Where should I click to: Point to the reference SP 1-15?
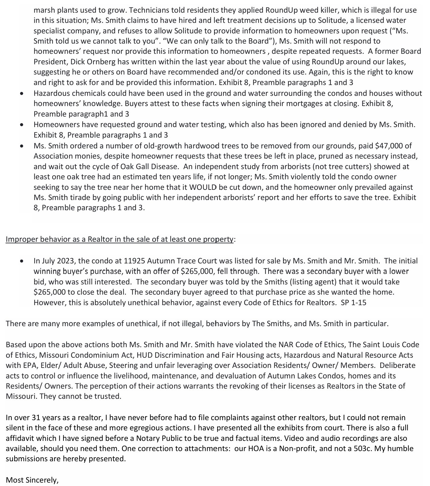pyautogui.click(x=353, y=302)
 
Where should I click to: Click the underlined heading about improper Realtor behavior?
pyautogui.click(x=119, y=239)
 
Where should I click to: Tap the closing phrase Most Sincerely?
pyautogui.click(x=32, y=480)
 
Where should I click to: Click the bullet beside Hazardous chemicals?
pyautogui.click(x=21, y=93)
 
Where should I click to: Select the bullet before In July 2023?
pyautogui.click(x=21, y=261)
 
